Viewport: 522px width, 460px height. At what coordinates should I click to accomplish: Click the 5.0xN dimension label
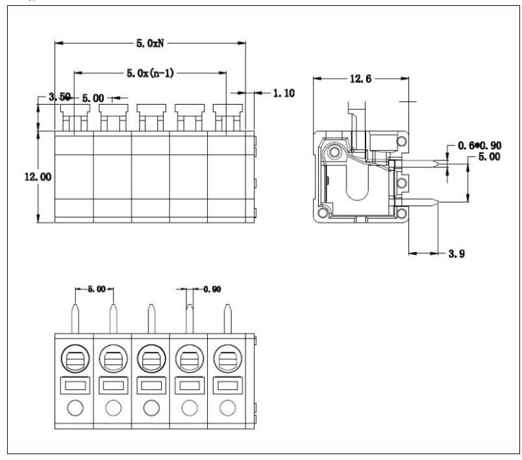150,44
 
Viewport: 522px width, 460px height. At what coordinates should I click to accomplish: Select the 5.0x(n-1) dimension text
150,73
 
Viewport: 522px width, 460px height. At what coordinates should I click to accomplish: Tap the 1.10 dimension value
283,94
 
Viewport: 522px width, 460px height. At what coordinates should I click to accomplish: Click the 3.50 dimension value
60,97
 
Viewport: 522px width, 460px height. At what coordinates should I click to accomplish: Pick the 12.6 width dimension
360,79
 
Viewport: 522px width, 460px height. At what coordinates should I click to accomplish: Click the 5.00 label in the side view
489,157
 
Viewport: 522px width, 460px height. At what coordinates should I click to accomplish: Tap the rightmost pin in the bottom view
227,318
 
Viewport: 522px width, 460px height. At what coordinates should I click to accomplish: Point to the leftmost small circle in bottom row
75,408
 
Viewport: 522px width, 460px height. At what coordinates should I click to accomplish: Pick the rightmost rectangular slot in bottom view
227,386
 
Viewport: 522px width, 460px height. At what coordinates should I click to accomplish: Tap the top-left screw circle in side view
334,153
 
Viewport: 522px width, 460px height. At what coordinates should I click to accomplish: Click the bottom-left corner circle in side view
323,212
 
